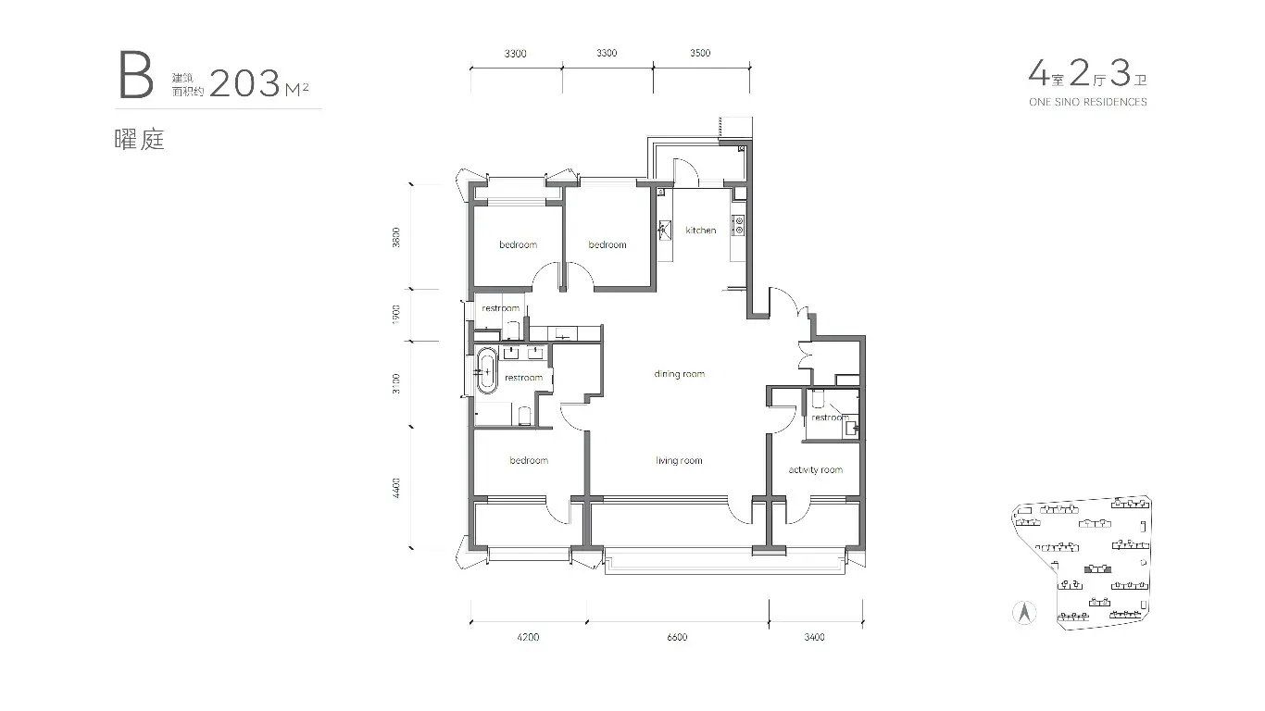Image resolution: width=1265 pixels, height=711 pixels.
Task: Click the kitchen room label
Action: pos(700,231)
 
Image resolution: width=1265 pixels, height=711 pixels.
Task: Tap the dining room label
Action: pos(680,374)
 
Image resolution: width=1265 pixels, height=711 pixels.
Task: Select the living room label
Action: pos(679,461)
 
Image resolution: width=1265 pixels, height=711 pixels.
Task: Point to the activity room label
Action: pos(816,470)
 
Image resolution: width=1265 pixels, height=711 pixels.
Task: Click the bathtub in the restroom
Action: pos(487,370)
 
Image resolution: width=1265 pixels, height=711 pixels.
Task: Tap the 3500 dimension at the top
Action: pos(700,53)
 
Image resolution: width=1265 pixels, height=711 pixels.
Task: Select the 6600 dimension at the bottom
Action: pos(677,637)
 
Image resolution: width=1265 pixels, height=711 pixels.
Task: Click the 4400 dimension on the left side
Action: pos(395,488)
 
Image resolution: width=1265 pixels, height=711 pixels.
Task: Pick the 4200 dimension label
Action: pos(528,637)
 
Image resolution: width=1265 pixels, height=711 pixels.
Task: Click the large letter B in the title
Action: pos(135,75)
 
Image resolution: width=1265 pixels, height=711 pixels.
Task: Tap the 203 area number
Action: pos(244,83)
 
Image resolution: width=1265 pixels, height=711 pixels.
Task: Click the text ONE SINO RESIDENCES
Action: pos(1088,102)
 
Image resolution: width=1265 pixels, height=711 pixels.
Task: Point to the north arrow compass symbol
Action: pos(1024,613)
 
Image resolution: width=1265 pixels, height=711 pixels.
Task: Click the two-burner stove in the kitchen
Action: pos(738,225)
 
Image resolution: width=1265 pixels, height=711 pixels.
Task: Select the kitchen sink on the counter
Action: pos(664,231)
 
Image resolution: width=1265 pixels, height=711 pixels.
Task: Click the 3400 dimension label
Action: pos(814,637)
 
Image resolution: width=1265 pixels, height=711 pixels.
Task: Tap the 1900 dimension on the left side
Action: pos(395,315)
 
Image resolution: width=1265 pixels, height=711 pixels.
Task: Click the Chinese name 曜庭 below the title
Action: pos(140,140)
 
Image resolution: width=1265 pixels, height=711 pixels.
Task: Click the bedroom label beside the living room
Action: pos(529,461)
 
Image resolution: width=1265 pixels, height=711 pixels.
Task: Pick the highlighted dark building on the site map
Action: pos(1097,568)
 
